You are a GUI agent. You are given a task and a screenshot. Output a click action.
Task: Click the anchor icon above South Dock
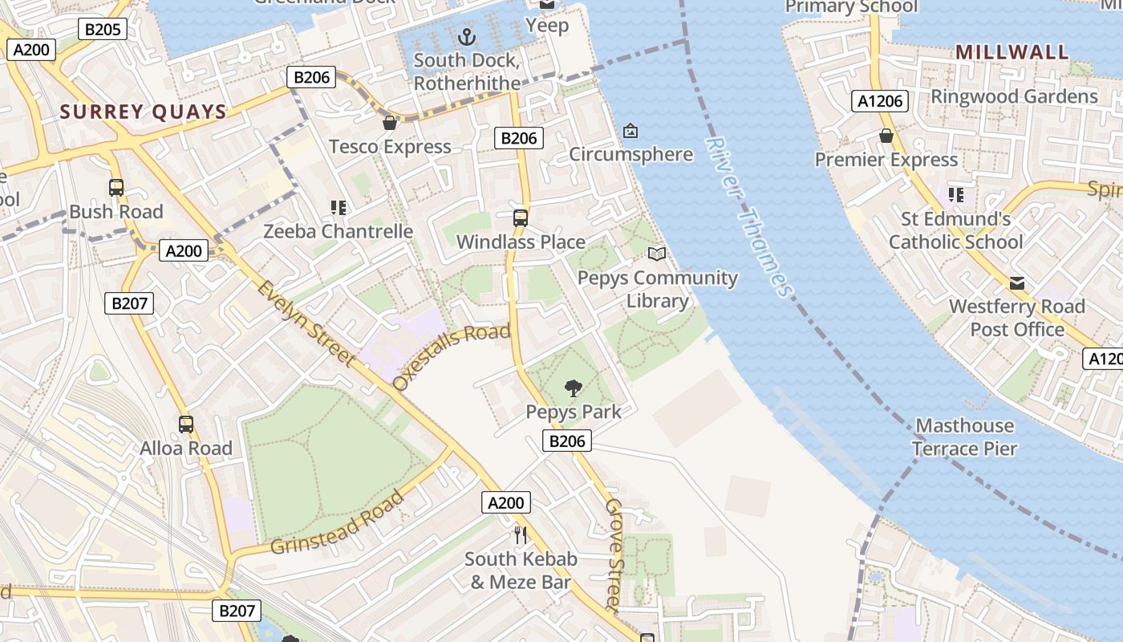pyautogui.click(x=466, y=36)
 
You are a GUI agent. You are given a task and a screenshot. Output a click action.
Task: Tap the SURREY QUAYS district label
pyautogui.click(x=144, y=112)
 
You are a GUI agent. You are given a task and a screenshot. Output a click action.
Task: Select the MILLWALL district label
pyautogui.click(x=1012, y=52)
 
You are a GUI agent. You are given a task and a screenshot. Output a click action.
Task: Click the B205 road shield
pyautogui.click(x=103, y=30)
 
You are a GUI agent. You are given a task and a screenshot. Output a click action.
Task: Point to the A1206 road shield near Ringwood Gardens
pyautogui.click(x=880, y=101)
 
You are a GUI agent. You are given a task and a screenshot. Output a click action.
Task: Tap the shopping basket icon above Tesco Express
pyautogui.click(x=390, y=123)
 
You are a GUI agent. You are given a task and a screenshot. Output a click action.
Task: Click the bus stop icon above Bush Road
pyautogui.click(x=116, y=188)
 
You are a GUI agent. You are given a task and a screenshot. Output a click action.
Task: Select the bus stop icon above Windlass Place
pyautogui.click(x=521, y=217)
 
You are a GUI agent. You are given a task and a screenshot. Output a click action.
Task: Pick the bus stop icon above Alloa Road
pyautogui.click(x=186, y=425)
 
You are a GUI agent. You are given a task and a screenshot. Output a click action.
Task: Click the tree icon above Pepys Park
pyautogui.click(x=573, y=388)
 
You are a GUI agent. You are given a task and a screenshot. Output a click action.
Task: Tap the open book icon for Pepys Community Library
pyautogui.click(x=657, y=254)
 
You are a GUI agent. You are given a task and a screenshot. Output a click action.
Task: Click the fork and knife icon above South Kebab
pyautogui.click(x=521, y=534)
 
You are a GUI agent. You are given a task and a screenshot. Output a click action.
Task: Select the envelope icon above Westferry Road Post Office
pyautogui.click(x=1017, y=282)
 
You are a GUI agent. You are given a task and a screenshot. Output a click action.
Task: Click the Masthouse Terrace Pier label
pyautogui.click(x=965, y=437)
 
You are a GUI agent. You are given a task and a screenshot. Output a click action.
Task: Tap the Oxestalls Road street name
pyautogui.click(x=452, y=356)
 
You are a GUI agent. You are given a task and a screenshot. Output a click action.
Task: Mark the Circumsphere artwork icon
pyautogui.click(x=630, y=130)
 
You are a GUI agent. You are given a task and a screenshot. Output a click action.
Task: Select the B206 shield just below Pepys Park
pyautogui.click(x=567, y=441)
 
